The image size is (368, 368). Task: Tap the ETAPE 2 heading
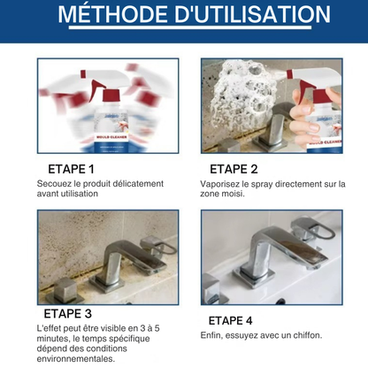[x=234, y=168]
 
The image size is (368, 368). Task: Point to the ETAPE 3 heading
[x=67, y=313]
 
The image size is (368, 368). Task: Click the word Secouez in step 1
[x=55, y=183]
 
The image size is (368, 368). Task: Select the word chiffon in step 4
[x=304, y=335]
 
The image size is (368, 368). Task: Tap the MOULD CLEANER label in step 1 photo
[x=112, y=138]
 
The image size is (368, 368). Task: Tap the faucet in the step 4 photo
[x=274, y=252]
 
